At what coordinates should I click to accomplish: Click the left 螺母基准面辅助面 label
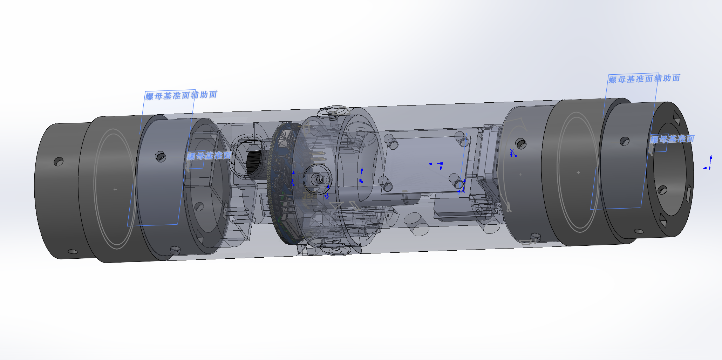(x=181, y=95)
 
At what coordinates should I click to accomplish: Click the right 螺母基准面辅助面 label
(x=644, y=79)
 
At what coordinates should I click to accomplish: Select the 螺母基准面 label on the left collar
(x=209, y=156)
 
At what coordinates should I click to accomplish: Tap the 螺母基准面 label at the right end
(x=672, y=139)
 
